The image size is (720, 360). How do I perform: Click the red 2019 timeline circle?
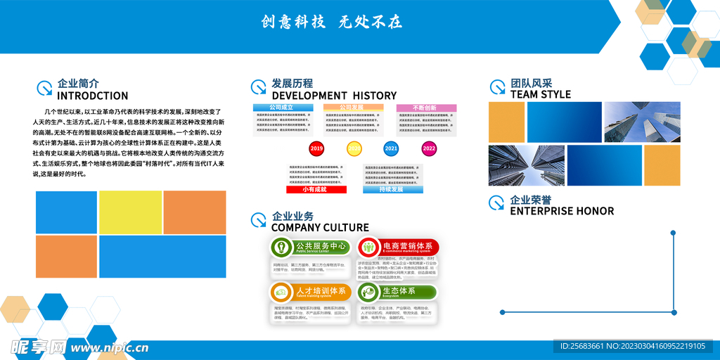pyautogui.click(x=316, y=149)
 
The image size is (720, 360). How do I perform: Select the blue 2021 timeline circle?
pyautogui.click(x=392, y=149)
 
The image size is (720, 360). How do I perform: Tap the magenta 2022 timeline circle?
pyautogui.click(x=429, y=149)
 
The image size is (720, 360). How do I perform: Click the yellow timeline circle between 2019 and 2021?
pyautogui.click(x=354, y=149)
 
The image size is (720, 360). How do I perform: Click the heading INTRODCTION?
pyautogui.click(x=92, y=96)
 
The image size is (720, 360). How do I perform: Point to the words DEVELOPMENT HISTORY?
pyautogui.click(x=334, y=96)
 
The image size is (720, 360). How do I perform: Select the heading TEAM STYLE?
pyautogui.click(x=540, y=95)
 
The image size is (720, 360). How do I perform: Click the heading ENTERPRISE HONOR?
pyautogui.click(x=562, y=211)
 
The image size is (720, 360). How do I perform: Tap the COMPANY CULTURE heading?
pyautogui.click(x=320, y=227)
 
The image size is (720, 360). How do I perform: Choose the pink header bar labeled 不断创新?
pyautogui.click(x=426, y=108)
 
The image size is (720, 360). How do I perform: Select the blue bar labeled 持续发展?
pyautogui.click(x=392, y=189)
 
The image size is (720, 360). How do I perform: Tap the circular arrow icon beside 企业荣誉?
pyautogui.click(x=497, y=204)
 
